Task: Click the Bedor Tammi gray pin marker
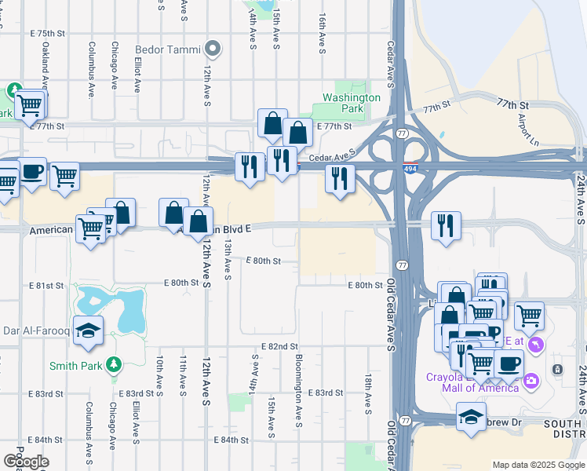213,49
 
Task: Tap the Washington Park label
351,103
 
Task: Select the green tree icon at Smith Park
115,364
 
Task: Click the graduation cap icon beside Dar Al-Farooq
88,330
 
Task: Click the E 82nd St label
280,346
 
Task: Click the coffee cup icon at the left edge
32,172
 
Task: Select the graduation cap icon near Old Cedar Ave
471,416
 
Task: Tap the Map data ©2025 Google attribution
538,465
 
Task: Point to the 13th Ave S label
227,260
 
